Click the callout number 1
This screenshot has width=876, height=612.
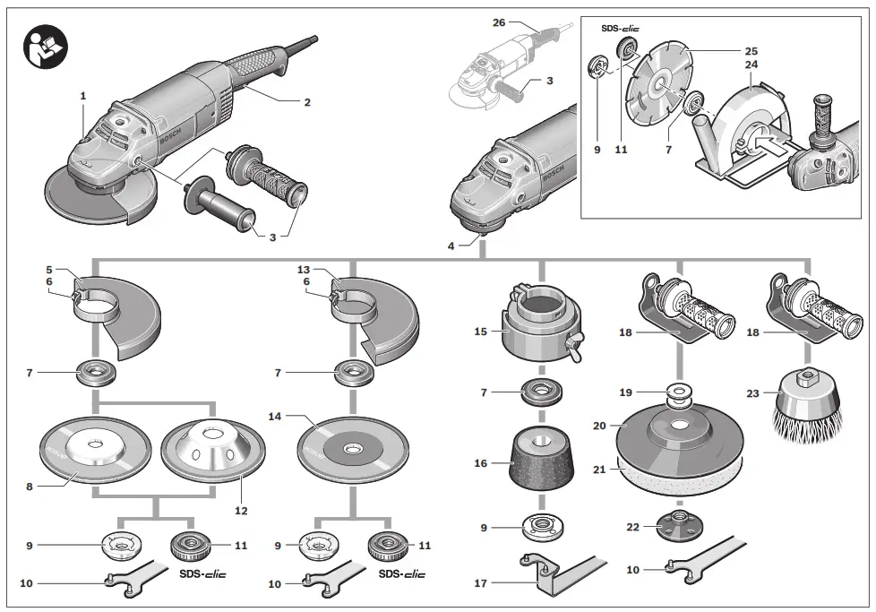(x=83, y=95)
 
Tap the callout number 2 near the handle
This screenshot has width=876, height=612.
(x=306, y=102)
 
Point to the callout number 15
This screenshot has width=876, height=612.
(x=481, y=331)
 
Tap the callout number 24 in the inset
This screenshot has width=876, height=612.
(x=751, y=65)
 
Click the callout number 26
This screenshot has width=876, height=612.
(x=499, y=22)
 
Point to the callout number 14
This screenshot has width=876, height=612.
(x=275, y=417)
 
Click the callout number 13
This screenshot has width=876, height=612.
(x=304, y=269)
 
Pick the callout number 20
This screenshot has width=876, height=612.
(x=598, y=426)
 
